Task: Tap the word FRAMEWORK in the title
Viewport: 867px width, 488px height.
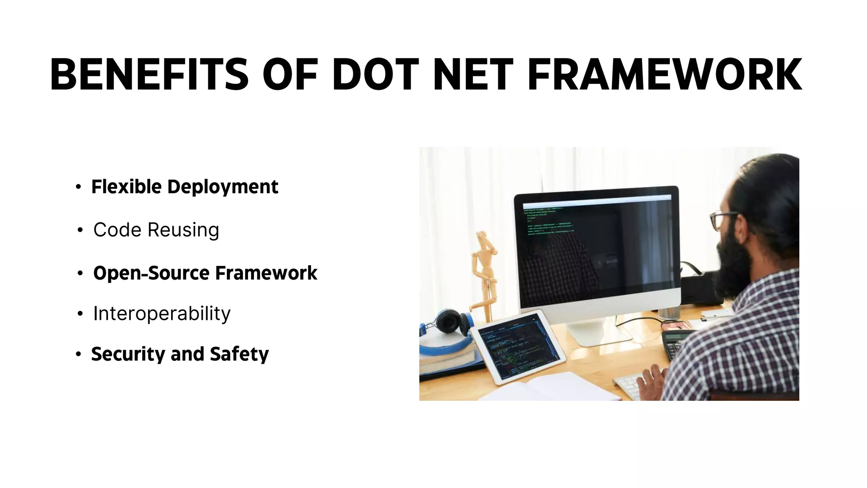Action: pyautogui.click(x=665, y=75)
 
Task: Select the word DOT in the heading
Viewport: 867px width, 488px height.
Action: pyautogui.click(x=375, y=75)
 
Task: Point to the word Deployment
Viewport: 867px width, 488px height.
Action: pyautogui.click(x=223, y=187)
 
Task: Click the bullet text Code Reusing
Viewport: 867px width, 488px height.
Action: pyautogui.click(x=156, y=230)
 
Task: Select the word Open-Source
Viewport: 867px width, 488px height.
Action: pyautogui.click(x=152, y=273)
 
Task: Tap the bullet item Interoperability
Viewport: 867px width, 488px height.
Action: pyautogui.click(x=162, y=314)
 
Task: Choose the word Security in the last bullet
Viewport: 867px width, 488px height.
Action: pyautogui.click(x=127, y=354)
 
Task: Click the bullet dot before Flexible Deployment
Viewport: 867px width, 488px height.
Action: pyautogui.click(x=78, y=187)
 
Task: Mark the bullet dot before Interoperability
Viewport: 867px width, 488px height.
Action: pyautogui.click(x=80, y=314)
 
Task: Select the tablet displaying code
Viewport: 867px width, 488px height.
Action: pyautogui.click(x=519, y=347)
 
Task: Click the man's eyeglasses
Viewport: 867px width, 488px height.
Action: pyautogui.click(x=722, y=219)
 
